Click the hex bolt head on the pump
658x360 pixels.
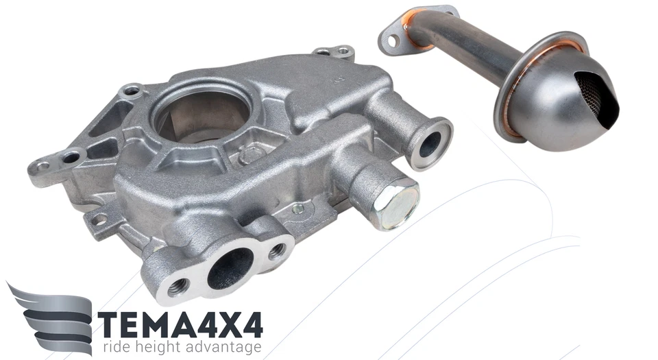coord(395,204)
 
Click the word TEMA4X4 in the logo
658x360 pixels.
coord(180,323)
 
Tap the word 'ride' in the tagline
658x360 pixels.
coord(117,347)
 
